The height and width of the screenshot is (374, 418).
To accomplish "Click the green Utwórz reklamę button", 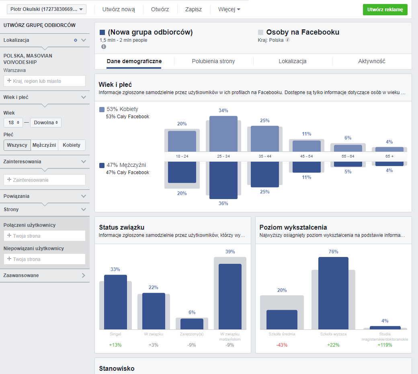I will pyautogui.click(x=385, y=10).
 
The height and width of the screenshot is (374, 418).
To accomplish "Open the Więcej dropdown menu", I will pyautogui.click(x=229, y=9).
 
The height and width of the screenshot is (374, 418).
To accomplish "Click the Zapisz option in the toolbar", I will pyautogui.click(x=193, y=9).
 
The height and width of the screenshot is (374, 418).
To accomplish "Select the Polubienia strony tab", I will pyautogui.click(x=213, y=62).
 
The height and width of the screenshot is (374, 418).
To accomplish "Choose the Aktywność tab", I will pyautogui.click(x=372, y=62).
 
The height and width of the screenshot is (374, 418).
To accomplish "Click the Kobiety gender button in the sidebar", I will pyautogui.click(x=72, y=145).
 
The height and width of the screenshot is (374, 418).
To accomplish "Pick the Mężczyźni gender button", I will pyautogui.click(x=44, y=145).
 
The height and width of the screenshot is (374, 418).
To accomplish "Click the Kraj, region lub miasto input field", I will pyautogui.click(x=45, y=81).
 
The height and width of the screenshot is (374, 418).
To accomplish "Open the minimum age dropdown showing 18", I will pyautogui.click(x=13, y=123).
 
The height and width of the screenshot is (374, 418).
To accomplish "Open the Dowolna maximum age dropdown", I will pyautogui.click(x=46, y=123).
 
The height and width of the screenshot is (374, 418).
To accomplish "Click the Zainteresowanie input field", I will pyautogui.click(x=45, y=180).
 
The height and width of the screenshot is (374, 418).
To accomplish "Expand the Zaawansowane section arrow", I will pyautogui.click(x=83, y=275).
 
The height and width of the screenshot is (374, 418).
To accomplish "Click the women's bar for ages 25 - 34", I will pyautogui.click(x=223, y=134).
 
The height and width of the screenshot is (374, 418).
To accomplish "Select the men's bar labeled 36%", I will pyautogui.click(x=223, y=180).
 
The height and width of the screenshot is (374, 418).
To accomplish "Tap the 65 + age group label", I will pyautogui.click(x=389, y=156).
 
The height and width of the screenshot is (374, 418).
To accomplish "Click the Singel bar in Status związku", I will pyautogui.click(x=115, y=302).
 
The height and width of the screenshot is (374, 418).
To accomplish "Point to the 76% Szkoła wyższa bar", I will pyautogui.click(x=333, y=293).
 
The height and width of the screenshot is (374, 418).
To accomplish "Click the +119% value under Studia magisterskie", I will pyautogui.click(x=385, y=345).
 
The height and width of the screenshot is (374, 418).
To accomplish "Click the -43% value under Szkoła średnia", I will pyautogui.click(x=282, y=345).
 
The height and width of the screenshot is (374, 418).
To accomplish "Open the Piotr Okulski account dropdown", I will pyautogui.click(x=47, y=9).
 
